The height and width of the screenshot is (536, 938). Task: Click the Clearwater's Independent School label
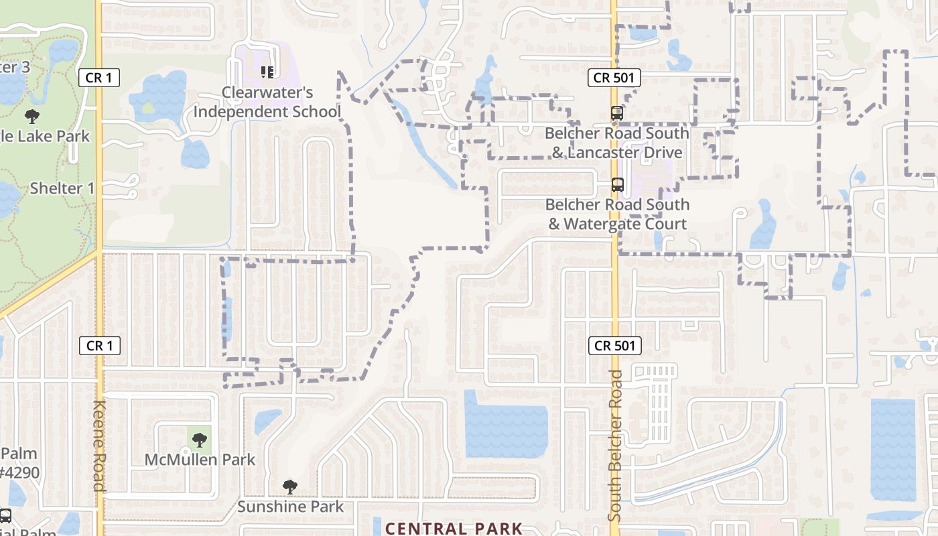click(267, 102)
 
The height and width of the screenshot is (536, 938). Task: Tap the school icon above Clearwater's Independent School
click(267, 71)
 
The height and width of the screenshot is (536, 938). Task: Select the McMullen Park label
click(200, 460)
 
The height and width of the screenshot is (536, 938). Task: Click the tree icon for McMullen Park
click(199, 440)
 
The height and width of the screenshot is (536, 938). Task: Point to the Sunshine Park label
click(290, 507)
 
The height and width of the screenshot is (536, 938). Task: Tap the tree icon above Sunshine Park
click(289, 487)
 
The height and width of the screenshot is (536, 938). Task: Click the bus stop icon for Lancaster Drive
click(617, 113)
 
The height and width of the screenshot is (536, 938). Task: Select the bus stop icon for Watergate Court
click(617, 184)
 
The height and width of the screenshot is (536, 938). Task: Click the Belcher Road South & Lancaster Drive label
click(616, 143)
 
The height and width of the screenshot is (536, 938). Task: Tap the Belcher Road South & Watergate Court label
click(617, 214)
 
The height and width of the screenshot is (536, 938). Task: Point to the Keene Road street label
click(100, 446)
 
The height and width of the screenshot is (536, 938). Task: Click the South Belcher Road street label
click(616, 446)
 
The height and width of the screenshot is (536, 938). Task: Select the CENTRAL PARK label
click(454, 528)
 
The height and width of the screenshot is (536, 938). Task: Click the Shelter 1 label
click(62, 188)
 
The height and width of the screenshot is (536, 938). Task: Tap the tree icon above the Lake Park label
click(31, 117)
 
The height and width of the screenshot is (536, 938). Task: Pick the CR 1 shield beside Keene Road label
click(100, 346)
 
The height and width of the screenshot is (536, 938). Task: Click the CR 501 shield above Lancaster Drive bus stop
click(614, 78)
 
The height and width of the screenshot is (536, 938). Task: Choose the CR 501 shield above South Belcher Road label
click(614, 346)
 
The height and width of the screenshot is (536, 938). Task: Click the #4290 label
click(19, 473)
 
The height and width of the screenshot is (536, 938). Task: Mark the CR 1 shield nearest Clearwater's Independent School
click(99, 78)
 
